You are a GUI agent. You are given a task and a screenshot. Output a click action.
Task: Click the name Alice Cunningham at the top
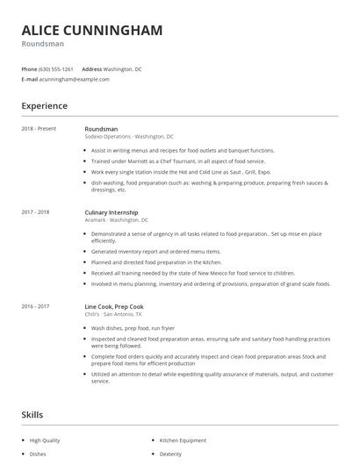tap(92, 31)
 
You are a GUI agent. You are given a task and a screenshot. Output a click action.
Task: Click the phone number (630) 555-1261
tap(56, 68)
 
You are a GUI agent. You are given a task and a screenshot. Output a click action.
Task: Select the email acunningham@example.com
tap(75, 79)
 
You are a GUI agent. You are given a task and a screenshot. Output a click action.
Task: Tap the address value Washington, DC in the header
tap(123, 68)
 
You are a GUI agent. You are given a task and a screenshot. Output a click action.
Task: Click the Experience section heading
tap(45, 106)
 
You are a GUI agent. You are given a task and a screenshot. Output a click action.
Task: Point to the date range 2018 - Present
tap(39, 129)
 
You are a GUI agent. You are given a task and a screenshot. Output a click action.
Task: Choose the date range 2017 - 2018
tap(36, 212)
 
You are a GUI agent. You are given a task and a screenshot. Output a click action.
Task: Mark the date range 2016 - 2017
tap(36, 305)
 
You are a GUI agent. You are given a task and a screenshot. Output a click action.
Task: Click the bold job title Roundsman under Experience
tap(101, 129)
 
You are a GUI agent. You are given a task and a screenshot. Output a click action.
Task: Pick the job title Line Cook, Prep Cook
tap(113, 305)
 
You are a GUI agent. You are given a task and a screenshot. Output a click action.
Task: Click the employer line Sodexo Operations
tap(129, 137)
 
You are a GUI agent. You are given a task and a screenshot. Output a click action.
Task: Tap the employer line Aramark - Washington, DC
tap(117, 220)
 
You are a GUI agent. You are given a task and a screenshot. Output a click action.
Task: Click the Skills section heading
tap(32, 415)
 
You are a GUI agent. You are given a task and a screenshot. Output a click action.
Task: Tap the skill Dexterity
tap(170, 454)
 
